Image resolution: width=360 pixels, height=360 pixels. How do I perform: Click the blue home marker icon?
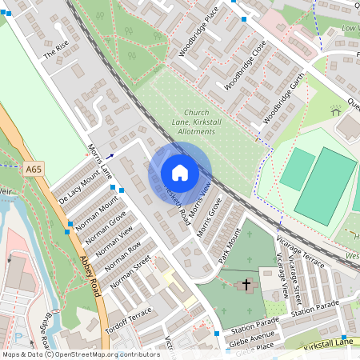180,173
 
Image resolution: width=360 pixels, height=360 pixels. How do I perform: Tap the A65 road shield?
33,170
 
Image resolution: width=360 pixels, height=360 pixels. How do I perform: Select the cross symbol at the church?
246,285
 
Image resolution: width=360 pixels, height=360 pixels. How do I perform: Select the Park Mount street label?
229,246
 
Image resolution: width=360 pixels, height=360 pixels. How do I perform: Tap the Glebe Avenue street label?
253,335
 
